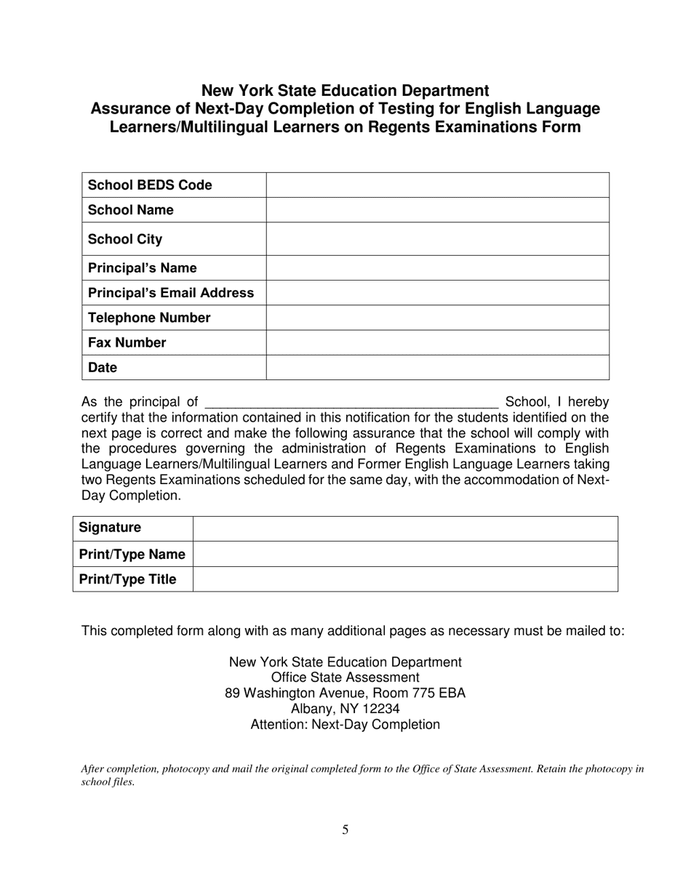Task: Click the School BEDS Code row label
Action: pyautogui.click(x=150, y=185)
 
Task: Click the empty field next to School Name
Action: pyautogui.click(x=437, y=210)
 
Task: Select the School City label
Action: pyautogui.click(x=125, y=239)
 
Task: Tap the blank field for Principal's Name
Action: pyautogui.click(x=437, y=268)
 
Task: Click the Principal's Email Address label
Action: pyautogui.click(x=171, y=293)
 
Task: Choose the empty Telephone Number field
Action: pyautogui.click(x=437, y=318)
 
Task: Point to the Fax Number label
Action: pyautogui.click(x=127, y=342)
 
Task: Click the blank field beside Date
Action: pyautogui.click(x=437, y=368)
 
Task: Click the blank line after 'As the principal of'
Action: pyautogui.click(x=351, y=402)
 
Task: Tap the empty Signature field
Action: pyautogui.click(x=405, y=528)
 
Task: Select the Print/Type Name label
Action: pyautogui.click(x=132, y=555)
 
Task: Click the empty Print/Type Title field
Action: pyautogui.click(x=405, y=579)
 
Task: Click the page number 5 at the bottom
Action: pyautogui.click(x=345, y=829)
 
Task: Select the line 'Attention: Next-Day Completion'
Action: pyautogui.click(x=345, y=725)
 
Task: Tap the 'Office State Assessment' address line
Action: pyautogui.click(x=345, y=677)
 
